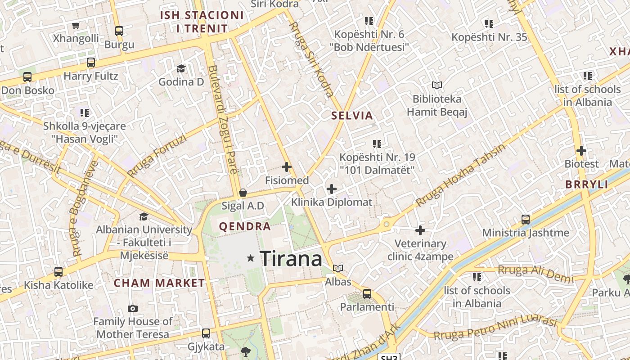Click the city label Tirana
tap(291, 259)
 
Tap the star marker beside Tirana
tap(251, 258)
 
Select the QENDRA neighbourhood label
tap(245, 226)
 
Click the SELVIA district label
tap(352, 116)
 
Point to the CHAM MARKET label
tap(159, 283)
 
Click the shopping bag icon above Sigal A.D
tap(243, 193)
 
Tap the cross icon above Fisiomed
tap(287, 167)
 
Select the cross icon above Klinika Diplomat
tap(332, 189)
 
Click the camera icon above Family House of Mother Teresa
tap(132, 308)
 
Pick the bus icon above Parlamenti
tap(367, 294)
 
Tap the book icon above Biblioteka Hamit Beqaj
tap(436, 85)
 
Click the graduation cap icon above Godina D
tap(181, 68)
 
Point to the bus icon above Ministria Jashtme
tap(526, 220)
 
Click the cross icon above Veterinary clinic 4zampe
tap(420, 230)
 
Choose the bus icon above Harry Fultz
tap(91, 63)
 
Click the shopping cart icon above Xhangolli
tap(76, 25)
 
